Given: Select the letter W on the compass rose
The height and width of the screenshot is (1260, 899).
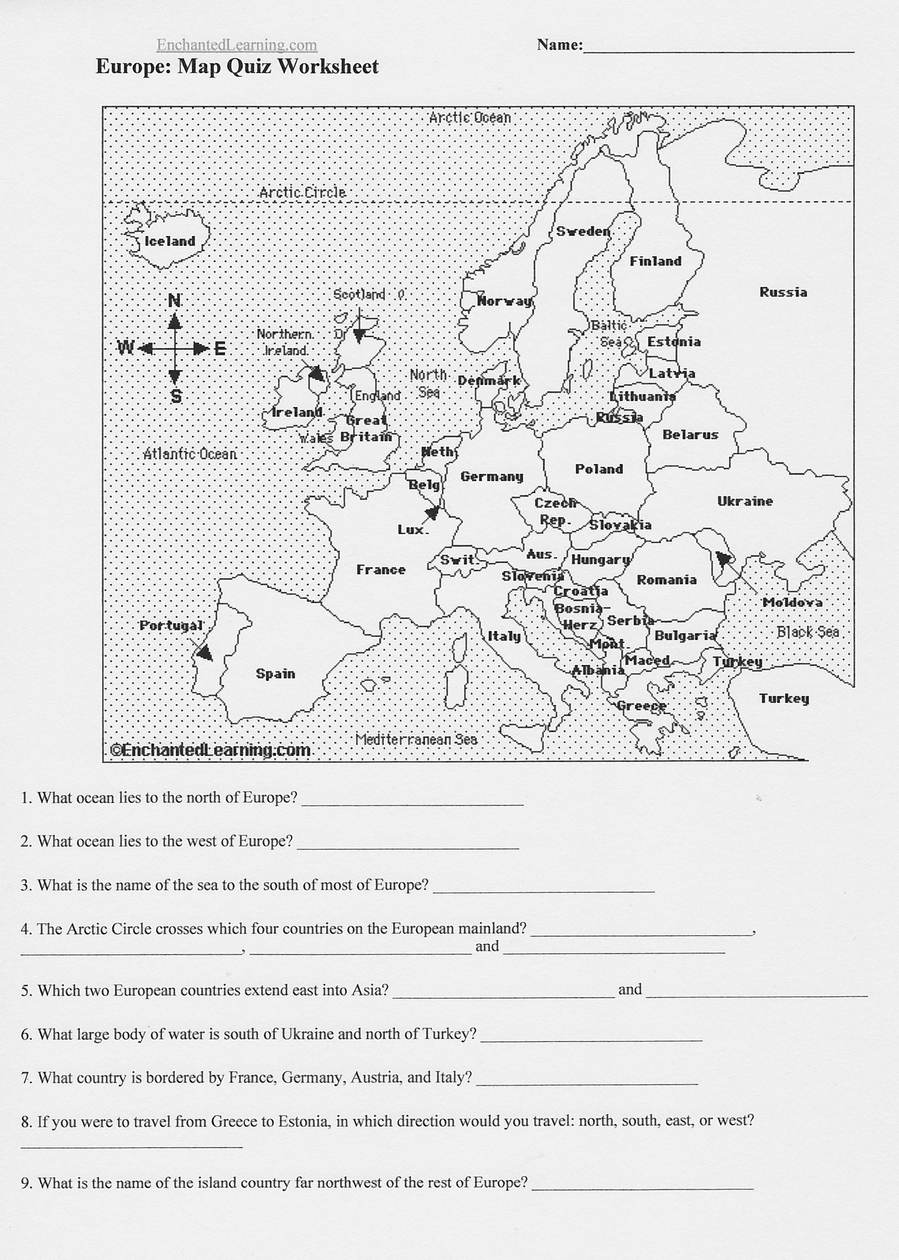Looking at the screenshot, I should point(125,348).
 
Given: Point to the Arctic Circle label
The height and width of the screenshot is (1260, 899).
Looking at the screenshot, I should point(302,193).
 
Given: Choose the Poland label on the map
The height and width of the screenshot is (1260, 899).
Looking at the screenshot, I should point(599,469).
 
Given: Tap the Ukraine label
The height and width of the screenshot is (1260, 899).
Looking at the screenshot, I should point(745,501).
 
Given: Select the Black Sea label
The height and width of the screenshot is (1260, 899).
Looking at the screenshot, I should point(808,632).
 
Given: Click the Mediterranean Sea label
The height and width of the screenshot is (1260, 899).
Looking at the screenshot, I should point(416,739).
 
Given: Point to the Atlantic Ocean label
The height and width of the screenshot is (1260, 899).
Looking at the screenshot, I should point(190,454).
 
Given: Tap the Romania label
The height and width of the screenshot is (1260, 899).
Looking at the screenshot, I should point(666,580).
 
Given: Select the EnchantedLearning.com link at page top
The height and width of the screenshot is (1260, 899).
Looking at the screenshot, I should point(237,45).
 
